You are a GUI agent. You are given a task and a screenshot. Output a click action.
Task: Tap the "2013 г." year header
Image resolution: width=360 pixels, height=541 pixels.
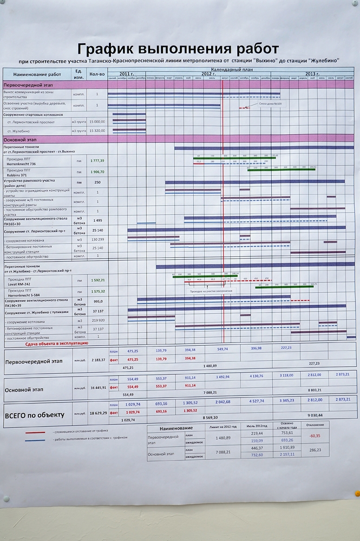click(x=311, y=74)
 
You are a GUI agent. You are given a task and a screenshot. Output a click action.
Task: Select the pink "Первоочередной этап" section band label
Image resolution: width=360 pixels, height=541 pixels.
click(x=24, y=85)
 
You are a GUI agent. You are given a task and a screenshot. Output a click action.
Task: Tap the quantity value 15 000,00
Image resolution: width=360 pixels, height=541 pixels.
click(x=97, y=122)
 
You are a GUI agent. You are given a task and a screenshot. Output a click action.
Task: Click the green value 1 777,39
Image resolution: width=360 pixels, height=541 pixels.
click(x=97, y=161)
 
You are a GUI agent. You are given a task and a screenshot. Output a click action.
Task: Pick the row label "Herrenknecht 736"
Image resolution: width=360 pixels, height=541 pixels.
click(x=22, y=163)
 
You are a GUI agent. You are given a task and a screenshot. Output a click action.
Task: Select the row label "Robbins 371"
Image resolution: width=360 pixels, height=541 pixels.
click(x=18, y=175)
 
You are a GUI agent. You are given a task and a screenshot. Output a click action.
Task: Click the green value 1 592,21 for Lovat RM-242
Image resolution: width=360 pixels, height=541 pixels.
click(x=97, y=280)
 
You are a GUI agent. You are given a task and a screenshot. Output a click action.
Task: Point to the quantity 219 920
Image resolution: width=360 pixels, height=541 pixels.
click(x=97, y=321)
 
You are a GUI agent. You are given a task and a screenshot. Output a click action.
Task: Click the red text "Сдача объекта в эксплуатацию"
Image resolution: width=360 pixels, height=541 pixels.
click(x=56, y=344)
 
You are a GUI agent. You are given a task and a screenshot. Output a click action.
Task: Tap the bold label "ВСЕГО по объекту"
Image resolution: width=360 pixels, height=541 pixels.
click(x=34, y=415)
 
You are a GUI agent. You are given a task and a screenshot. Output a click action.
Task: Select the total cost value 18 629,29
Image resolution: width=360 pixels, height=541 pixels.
click(x=97, y=412)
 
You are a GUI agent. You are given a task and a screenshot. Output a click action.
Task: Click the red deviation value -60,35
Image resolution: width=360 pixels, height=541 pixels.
click(x=315, y=436)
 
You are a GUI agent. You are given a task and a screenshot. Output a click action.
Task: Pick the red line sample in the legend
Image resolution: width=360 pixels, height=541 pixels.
click(x=36, y=432)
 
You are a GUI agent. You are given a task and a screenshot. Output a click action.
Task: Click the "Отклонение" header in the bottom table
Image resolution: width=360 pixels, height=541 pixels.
click(x=315, y=425)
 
